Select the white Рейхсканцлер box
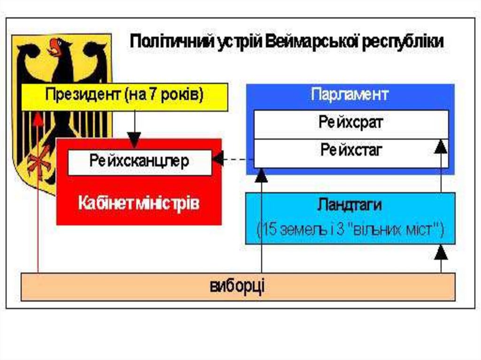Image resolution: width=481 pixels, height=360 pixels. click(x=139, y=162)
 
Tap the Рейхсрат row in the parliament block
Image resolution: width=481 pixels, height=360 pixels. click(x=351, y=124)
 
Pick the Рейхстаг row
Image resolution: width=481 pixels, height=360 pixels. click(x=351, y=151)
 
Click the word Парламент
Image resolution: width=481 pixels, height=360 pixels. click(x=350, y=94)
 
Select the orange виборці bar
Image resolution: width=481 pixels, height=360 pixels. click(x=238, y=286)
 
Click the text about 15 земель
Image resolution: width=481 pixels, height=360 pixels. click(x=350, y=230)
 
